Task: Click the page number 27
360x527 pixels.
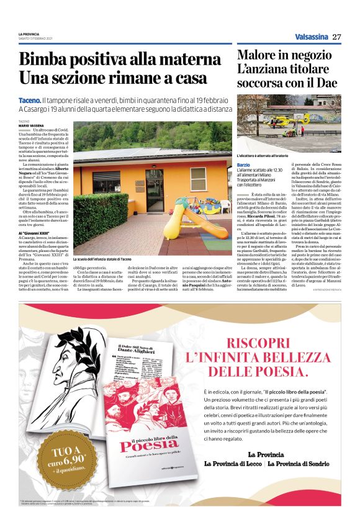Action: tap(337, 37)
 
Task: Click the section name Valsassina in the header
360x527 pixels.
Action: tap(311, 37)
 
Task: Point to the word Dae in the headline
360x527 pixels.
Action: tap(325, 83)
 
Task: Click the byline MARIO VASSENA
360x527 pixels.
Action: tap(31, 125)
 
